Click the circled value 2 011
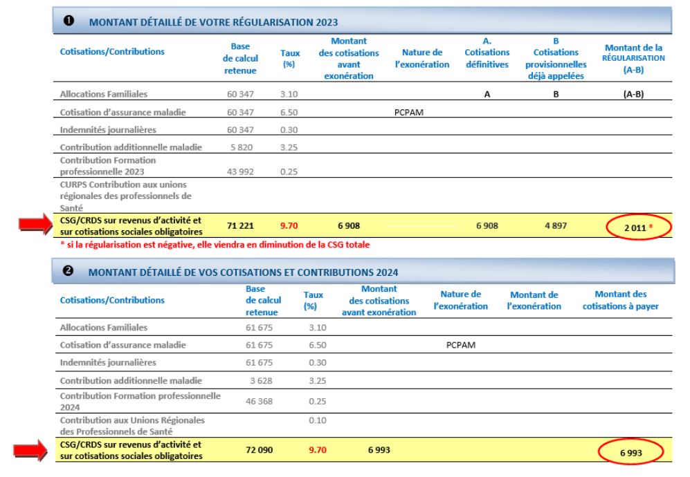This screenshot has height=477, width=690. pyautogui.click(x=635, y=227)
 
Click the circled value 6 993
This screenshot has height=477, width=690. pyautogui.click(x=631, y=453)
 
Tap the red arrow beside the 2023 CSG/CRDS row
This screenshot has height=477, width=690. pyautogui.click(x=36, y=224)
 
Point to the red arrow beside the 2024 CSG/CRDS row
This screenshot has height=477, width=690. pyautogui.click(x=30, y=450)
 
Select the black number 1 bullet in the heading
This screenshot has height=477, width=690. pyautogui.click(x=69, y=21)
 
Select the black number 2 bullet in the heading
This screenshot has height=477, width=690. pyautogui.click(x=68, y=271)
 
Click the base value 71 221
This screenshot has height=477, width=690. pyautogui.click(x=240, y=225)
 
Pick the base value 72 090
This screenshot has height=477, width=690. pyautogui.click(x=260, y=450)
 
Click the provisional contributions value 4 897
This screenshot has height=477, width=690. pyautogui.click(x=556, y=225)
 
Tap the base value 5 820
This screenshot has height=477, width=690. pyautogui.click(x=242, y=147)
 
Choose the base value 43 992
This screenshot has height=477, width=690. pyautogui.click(x=240, y=171)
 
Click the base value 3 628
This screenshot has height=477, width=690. pyautogui.click(x=262, y=381)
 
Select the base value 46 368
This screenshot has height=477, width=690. pyautogui.click(x=260, y=402)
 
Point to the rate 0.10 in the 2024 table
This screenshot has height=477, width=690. pyautogui.click(x=317, y=420)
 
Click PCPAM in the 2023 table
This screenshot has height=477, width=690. pyautogui.click(x=409, y=112)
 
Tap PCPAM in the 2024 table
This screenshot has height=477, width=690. pyautogui.click(x=461, y=345)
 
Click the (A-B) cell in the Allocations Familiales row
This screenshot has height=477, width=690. pyautogui.click(x=634, y=94)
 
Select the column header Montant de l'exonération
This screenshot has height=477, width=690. pyautogui.click(x=534, y=300)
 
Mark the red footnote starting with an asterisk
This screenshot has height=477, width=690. pyautogui.click(x=215, y=245)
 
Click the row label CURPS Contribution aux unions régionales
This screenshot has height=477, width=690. pyautogui.click(x=126, y=196)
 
